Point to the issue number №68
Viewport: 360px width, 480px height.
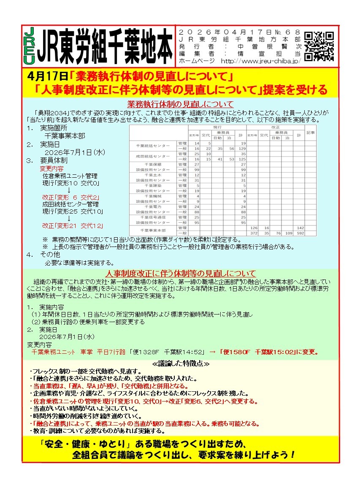(291, 33)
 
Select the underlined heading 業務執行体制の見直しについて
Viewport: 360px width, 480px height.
(180, 104)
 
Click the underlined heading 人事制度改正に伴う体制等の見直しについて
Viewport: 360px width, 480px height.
(180, 273)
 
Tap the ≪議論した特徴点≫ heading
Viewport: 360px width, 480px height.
(180, 363)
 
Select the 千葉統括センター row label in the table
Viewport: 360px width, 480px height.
(152, 146)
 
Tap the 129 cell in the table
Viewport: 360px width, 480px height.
(242, 149)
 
